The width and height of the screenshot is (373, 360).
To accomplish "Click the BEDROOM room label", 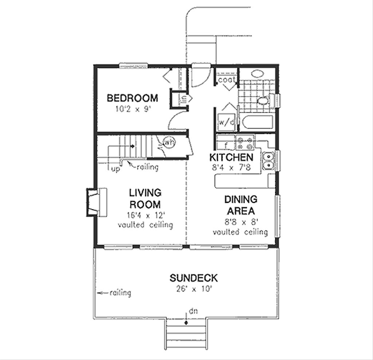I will [x=132, y=98].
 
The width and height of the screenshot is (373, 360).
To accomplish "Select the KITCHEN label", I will [x=231, y=158].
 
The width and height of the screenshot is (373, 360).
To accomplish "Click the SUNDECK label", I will [x=194, y=279].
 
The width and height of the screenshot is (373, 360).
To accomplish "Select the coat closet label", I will [x=226, y=79].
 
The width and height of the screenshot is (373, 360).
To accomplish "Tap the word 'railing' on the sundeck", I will [x=120, y=293].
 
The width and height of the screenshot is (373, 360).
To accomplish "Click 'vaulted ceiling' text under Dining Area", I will [x=240, y=232].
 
